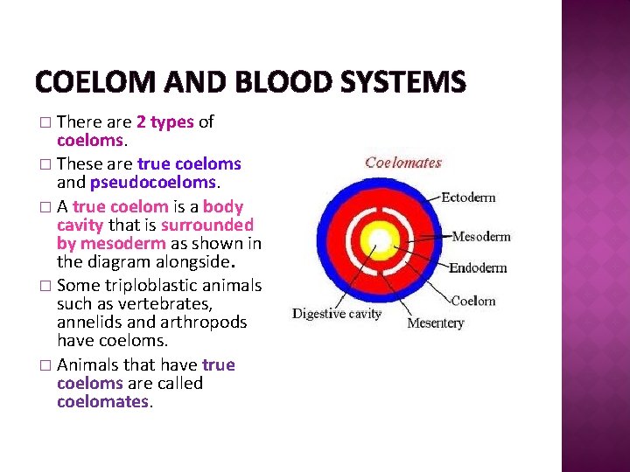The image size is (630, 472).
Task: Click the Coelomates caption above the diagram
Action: coord(403,163)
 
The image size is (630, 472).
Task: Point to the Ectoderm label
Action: coord(468,198)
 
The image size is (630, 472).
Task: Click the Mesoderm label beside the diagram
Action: coord(480,236)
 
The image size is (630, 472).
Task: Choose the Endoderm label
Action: coord(478,267)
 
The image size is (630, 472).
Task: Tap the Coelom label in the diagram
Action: coord(473,302)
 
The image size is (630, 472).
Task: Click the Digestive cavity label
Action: coord(337,313)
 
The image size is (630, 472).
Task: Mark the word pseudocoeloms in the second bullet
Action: coord(153,182)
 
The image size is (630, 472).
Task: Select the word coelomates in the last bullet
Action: coord(103,402)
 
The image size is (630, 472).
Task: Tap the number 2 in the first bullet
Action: coord(141,122)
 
